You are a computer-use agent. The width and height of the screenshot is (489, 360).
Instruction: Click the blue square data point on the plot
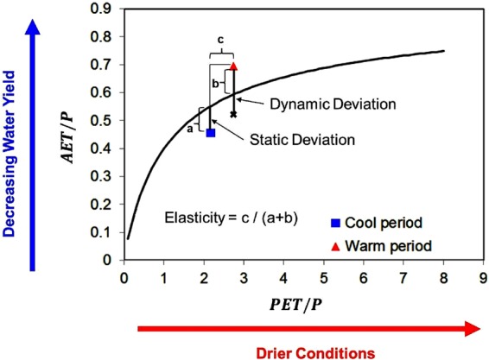211,132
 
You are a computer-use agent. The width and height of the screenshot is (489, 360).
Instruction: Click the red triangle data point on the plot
233,66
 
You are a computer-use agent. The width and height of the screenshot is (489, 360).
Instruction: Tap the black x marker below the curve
233,114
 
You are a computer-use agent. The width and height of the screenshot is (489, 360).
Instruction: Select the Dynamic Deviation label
333,104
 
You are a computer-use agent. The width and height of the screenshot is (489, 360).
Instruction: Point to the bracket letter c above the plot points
221,39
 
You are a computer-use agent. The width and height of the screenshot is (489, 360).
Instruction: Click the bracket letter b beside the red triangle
215,81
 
